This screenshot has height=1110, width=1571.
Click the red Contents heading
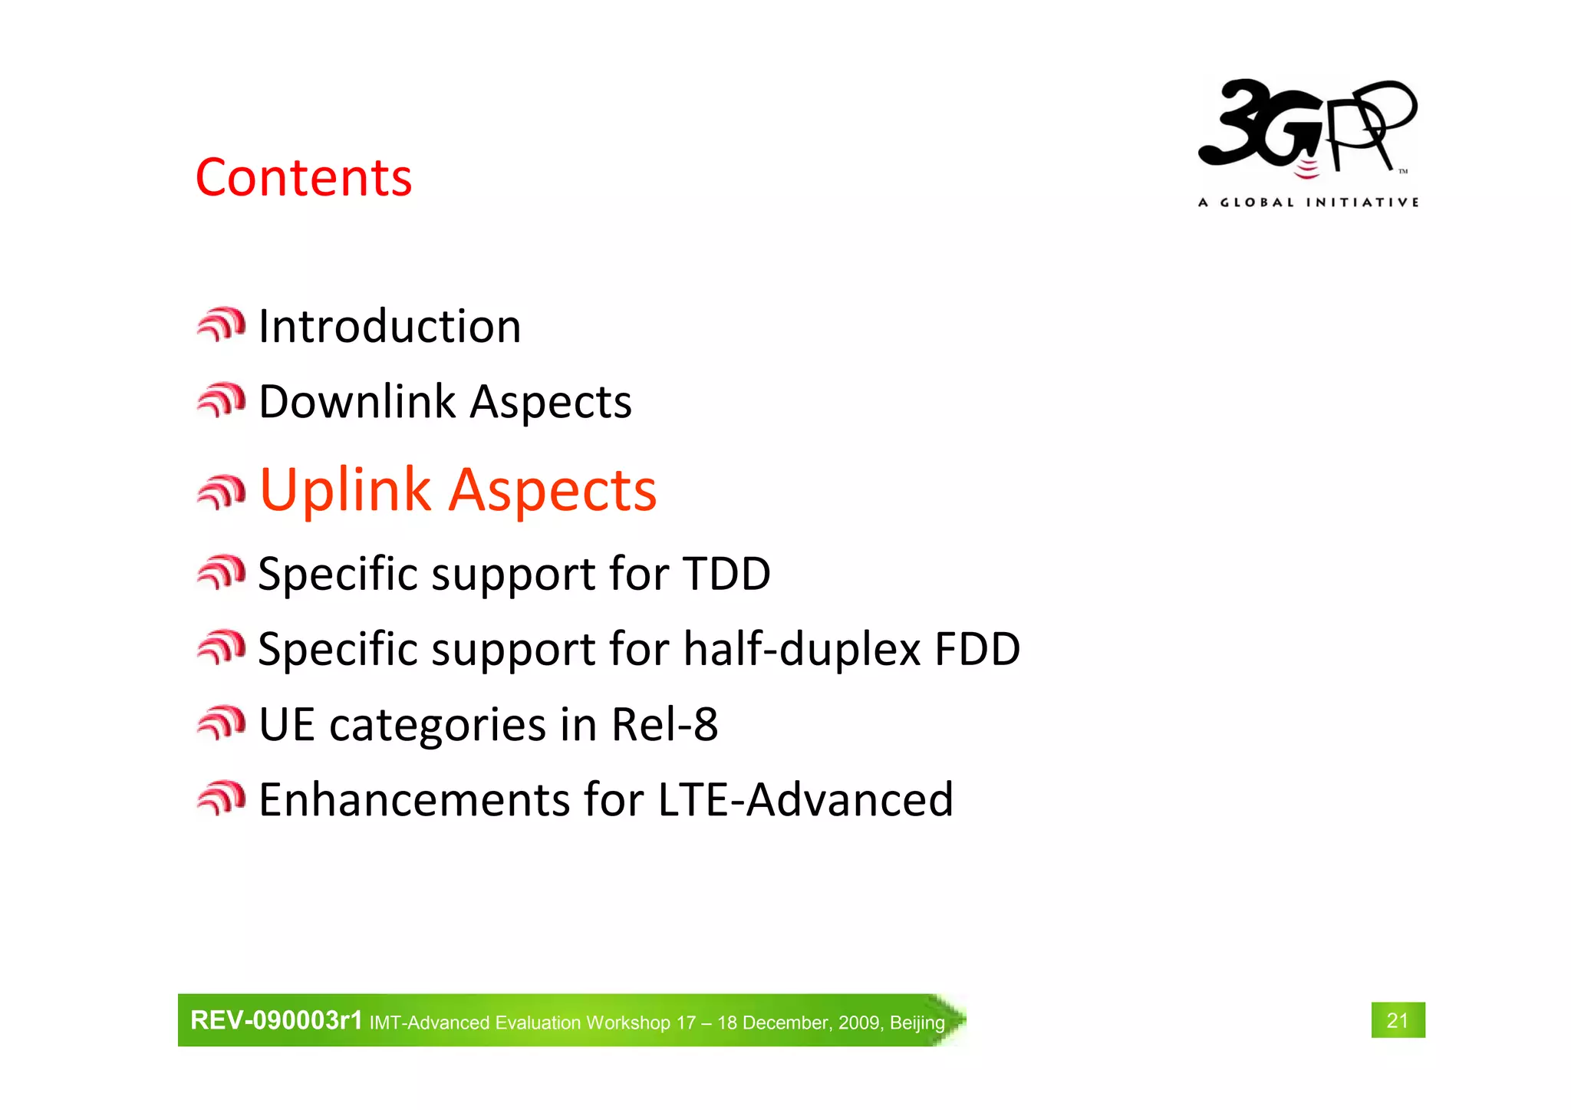pos(304,178)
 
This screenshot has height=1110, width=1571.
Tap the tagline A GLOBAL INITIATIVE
pos(1308,203)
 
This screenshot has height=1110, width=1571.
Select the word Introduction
pos(390,326)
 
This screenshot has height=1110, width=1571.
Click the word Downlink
pos(357,401)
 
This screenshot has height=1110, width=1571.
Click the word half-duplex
pos(802,649)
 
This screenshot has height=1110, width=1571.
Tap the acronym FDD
pos(977,649)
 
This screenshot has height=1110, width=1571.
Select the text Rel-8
pos(664,724)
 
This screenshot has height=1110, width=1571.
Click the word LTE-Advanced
pos(805,799)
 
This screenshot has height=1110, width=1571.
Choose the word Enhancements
pos(414,799)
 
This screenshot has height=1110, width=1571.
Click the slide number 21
pos(1398,1020)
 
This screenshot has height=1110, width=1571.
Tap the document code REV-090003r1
pos(276,1020)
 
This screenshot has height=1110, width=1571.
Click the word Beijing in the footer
pos(917,1023)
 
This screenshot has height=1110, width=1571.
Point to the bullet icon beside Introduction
pos(221,324)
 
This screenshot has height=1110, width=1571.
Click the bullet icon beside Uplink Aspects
pos(221,492)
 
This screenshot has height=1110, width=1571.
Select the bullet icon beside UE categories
pos(221,723)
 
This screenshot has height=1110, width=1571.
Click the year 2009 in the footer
pos(859,1023)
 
